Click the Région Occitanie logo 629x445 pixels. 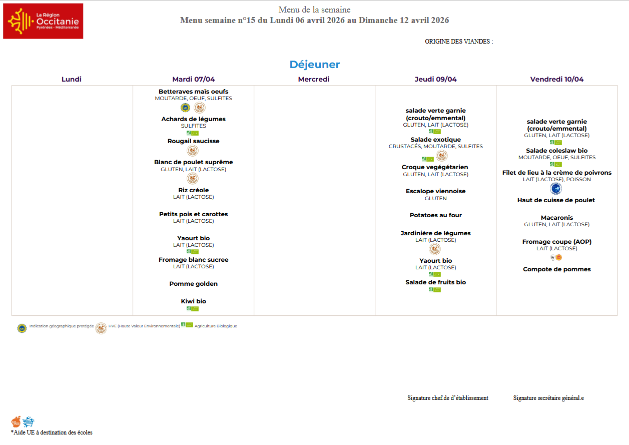point(43,21)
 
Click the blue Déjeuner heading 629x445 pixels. point(314,65)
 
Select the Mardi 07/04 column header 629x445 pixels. point(193,79)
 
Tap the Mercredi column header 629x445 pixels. point(314,79)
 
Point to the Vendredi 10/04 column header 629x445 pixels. point(556,79)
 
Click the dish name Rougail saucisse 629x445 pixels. point(193,141)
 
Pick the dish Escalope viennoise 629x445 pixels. point(435,191)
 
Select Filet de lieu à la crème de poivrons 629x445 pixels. point(556,173)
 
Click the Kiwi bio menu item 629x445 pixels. point(193,301)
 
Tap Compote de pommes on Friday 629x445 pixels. point(556,269)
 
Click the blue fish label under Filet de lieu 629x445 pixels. point(555,189)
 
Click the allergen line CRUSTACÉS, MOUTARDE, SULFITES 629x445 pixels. point(435,147)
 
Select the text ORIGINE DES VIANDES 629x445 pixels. point(458,42)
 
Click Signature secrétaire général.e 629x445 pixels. point(548,398)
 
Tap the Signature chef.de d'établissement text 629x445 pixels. point(447,398)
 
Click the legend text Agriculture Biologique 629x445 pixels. point(216,326)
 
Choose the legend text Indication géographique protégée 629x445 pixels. point(61,326)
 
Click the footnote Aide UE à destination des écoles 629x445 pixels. point(52,432)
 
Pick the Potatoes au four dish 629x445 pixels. point(435,215)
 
